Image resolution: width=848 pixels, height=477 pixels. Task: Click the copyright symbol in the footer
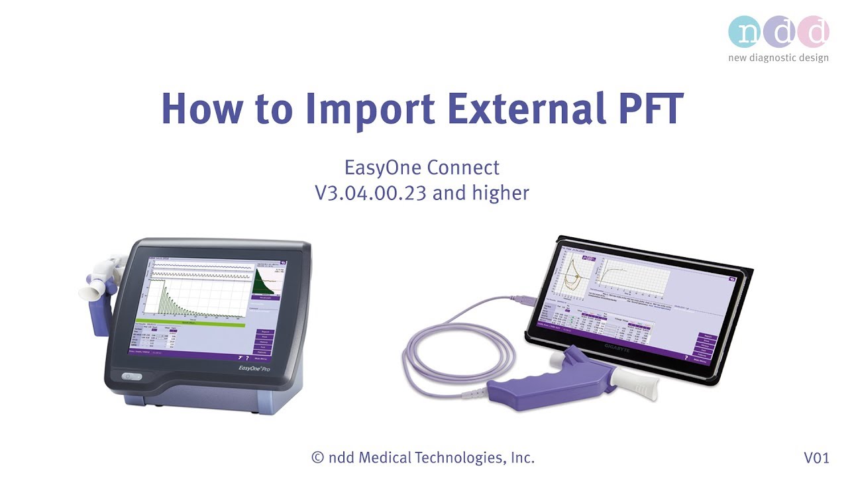tap(318, 458)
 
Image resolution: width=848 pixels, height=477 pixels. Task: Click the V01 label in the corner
tap(816, 458)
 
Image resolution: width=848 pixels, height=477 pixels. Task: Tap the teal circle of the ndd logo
tap(745, 31)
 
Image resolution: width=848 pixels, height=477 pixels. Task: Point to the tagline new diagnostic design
tap(778, 58)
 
